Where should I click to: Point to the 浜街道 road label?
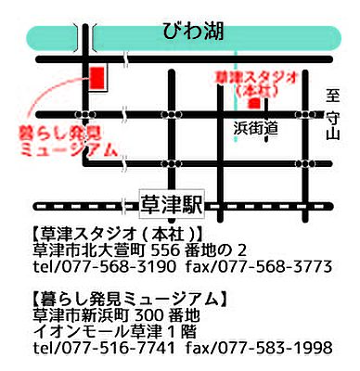point(256,130)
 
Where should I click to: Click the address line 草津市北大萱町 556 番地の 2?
point(140,249)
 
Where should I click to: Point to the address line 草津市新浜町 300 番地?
point(116,315)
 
